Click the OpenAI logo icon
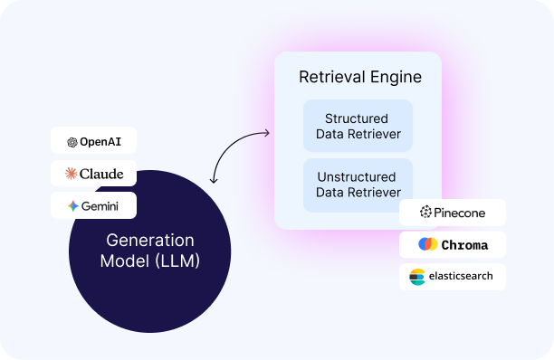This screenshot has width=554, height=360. tap(72, 142)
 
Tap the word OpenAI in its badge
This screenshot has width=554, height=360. tap(100, 142)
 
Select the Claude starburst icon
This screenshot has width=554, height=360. tap(72, 174)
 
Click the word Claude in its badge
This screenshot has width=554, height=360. tap(101, 174)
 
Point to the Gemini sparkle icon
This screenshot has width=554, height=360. tap(72, 205)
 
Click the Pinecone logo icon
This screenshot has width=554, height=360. tap(426, 213)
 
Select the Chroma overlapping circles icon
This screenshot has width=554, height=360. tap(428, 244)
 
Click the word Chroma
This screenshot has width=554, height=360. tap(464, 244)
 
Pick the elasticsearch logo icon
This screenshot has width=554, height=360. tap(417, 277)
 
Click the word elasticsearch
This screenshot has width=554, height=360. tap(461, 276)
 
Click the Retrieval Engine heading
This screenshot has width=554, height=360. tap(359, 78)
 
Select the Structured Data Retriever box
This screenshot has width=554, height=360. tap(358, 127)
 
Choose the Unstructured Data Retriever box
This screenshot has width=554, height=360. tap(358, 184)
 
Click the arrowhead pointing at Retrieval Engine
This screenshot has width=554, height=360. tap(267, 134)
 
